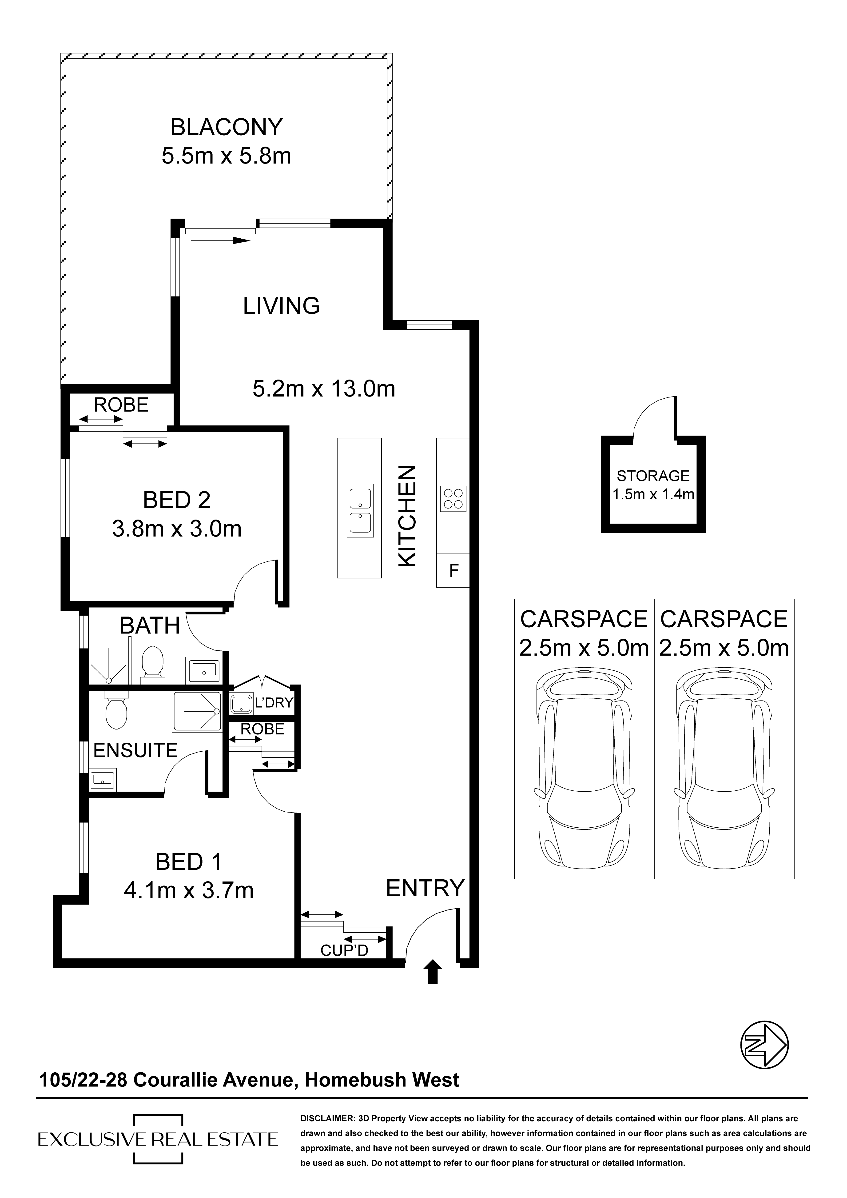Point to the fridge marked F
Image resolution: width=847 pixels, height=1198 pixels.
coord(453,570)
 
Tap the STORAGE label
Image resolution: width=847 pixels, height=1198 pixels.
coord(653,476)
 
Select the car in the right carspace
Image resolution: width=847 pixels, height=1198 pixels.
coord(724,773)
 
